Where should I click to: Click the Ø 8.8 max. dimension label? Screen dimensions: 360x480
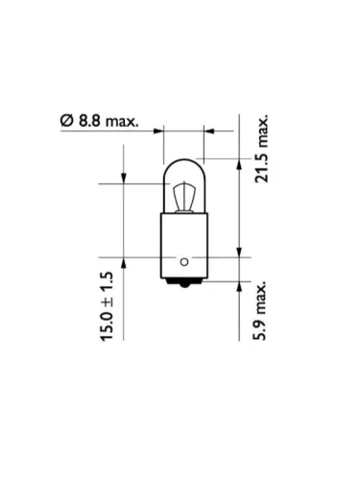100,121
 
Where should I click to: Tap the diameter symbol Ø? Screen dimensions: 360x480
67,121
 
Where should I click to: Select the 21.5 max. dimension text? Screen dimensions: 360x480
261,150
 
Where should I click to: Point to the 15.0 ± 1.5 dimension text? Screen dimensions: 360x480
108,306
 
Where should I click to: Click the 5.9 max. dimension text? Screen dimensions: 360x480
260,310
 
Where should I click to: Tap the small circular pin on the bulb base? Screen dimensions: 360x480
184,262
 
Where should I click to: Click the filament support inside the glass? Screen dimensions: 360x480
184,198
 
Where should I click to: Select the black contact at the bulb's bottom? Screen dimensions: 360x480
184,282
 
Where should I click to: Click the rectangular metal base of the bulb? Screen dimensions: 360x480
184,246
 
